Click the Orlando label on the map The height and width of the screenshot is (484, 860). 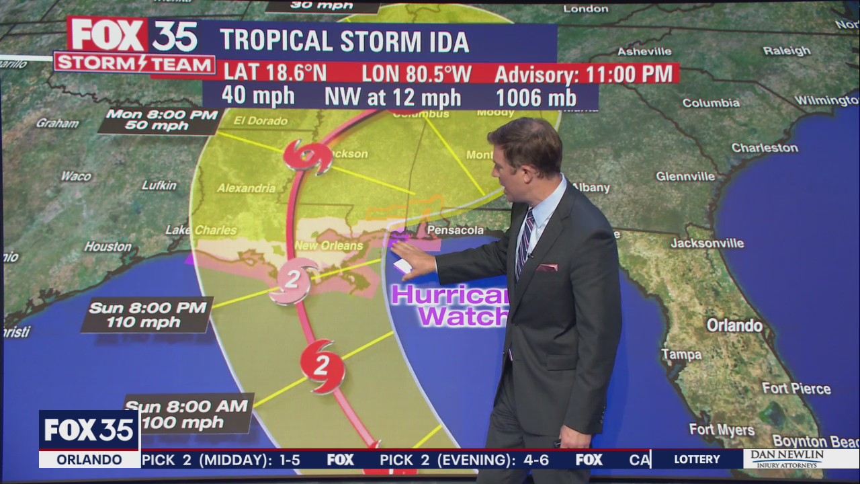pyautogui.click(x=734, y=326)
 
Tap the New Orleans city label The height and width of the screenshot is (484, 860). pyautogui.click(x=329, y=246)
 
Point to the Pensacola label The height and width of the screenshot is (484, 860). pyautogui.click(x=455, y=231)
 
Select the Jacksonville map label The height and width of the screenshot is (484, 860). pyautogui.click(x=707, y=243)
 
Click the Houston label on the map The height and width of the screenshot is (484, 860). pyautogui.click(x=107, y=247)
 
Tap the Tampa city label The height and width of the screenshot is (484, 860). pyautogui.click(x=681, y=354)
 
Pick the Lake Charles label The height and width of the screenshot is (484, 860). pyautogui.click(x=201, y=230)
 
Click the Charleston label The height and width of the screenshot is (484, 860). pyautogui.click(x=765, y=148)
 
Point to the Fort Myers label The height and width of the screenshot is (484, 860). pyautogui.click(x=722, y=430)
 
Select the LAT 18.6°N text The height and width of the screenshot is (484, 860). pyautogui.click(x=275, y=73)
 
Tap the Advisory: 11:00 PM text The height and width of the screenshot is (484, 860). pyautogui.click(x=583, y=73)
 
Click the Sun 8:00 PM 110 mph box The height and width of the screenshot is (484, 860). pyautogui.click(x=146, y=315)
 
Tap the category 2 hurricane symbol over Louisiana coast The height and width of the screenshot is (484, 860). pyautogui.click(x=292, y=280)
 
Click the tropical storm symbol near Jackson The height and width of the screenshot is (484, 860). pyautogui.click(x=308, y=157)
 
